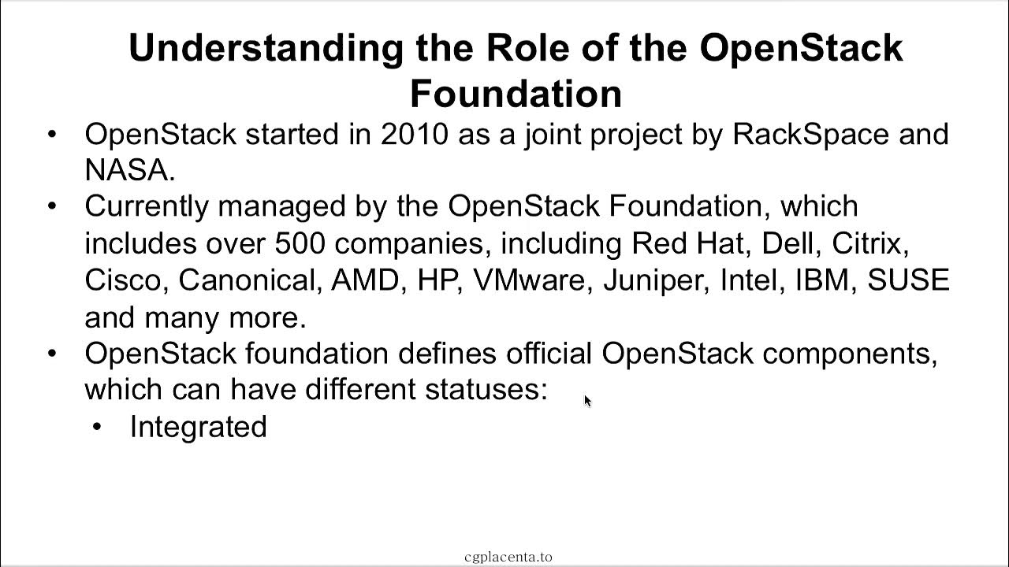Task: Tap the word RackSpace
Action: pyautogui.click(x=810, y=134)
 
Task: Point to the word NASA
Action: pyautogui.click(x=126, y=170)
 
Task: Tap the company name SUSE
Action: pyautogui.click(x=908, y=280)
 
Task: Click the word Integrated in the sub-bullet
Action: pyautogui.click(x=198, y=427)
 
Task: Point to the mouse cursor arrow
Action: pyautogui.click(x=587, y=401)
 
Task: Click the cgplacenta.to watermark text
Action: pyautogui.click(x=508, y=557)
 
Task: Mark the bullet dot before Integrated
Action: pyautogui.click(x=97, y=427)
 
